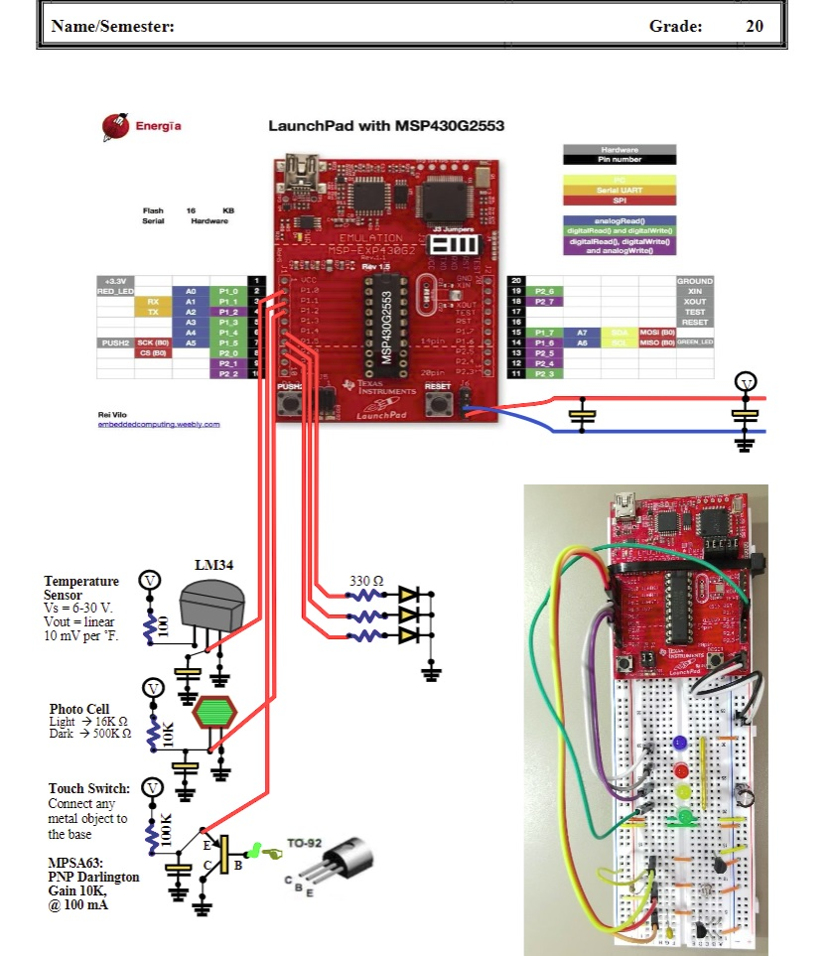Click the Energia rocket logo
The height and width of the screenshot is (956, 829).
(114, 126)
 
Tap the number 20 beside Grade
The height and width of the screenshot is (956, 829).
(755, 27)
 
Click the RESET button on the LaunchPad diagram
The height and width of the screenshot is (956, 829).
(439, 402)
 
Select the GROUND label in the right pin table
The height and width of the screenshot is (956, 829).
(694, 281)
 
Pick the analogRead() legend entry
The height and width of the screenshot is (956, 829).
(620, 220)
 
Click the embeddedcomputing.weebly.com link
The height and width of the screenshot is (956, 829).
(159, 424)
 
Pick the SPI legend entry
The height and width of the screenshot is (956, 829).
(620, 200)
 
